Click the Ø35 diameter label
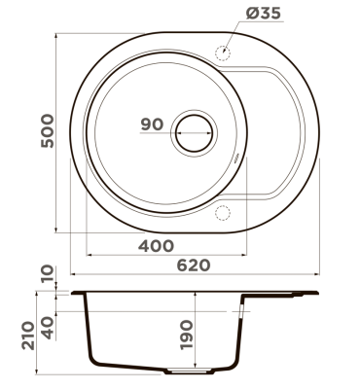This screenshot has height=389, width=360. [x=264, y=14]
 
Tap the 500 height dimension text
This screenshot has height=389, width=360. [x=48, y=130]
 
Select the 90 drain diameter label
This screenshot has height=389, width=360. [x=152, y=124]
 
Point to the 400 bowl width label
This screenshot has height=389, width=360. [x=156, y=246]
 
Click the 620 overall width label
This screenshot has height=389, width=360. [x=194, y=265]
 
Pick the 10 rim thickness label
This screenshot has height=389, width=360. [x=48, y=273]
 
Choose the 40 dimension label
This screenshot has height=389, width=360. [x=48, y=328]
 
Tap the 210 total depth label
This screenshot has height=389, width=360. [x=28, y=336]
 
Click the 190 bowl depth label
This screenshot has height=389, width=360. [x=186, y=335]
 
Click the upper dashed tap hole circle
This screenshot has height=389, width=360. [x=223, y=52]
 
